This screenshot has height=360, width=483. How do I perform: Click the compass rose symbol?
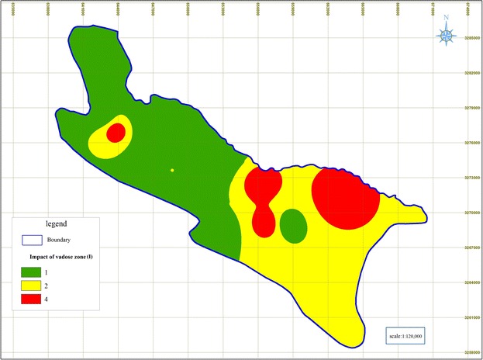pos(447,34)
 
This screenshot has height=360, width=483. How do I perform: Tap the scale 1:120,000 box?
pos(411,335)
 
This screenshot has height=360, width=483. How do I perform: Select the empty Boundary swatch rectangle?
pos(32,240)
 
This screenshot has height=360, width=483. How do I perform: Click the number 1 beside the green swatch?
pos(55,272)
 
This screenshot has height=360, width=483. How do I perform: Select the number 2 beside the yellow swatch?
pos(55,286)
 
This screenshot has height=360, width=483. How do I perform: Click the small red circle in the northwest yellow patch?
pos(116,133)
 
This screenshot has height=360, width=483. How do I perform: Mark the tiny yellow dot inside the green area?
pos(172,170)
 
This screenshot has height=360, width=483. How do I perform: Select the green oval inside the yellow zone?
pos(293,226)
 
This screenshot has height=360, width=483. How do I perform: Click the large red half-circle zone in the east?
pos(346,199)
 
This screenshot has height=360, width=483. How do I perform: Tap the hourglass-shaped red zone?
pos(263,199)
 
